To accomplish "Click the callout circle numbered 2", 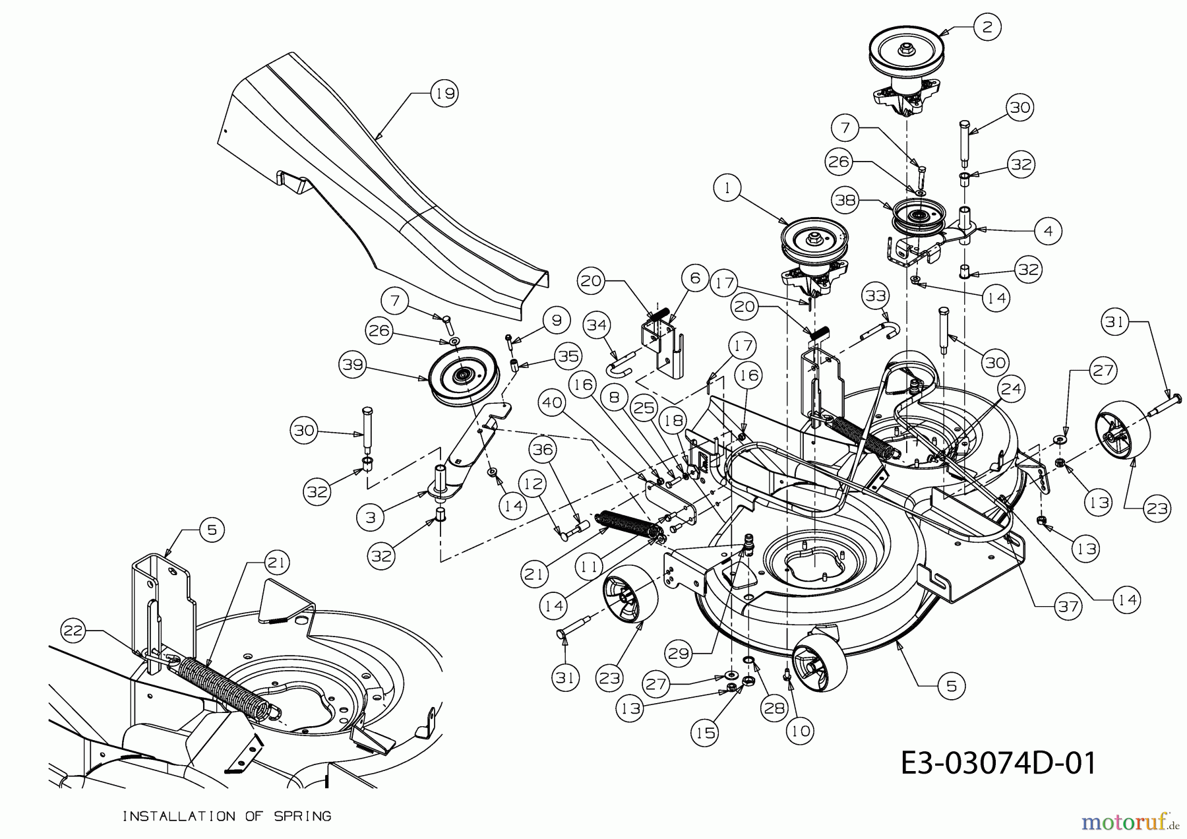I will tap(987, 28).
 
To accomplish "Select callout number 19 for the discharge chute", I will tap(444, 93).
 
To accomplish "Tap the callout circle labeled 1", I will tap(727, 188).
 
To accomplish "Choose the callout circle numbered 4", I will tap(1048, 231).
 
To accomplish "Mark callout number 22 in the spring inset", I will tap(74, 631).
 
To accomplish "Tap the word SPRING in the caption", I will tap(303, 817).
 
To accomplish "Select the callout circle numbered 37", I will tap(1068, 606).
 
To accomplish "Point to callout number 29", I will tap(679, 653).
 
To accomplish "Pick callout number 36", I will tap(543, 450).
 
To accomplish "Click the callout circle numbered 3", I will tap(371, 518).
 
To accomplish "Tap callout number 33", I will tap(876, 297).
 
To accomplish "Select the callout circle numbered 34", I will tap(597, 325).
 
